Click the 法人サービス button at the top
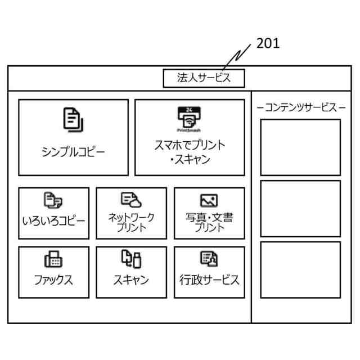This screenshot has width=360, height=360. click(x=204, y=78)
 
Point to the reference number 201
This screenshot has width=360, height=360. click(x=268, y=44)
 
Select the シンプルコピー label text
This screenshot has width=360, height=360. click(x=73, y=152)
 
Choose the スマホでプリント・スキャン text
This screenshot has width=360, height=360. click(x=190, y=152)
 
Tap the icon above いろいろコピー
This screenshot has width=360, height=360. click(x=53, y=200)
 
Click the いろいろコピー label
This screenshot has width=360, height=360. click(x=53, y=220)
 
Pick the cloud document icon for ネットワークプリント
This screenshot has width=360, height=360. click(x=131, y=199)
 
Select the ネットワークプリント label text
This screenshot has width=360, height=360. click(x=131, y=222)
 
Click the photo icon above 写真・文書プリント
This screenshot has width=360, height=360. click(x=209, y=200)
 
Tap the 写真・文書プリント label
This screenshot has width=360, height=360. click(x=209, y=222)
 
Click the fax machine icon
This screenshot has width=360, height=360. click(x=53, y=259)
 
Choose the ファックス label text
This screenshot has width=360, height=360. click(x=53, y=280)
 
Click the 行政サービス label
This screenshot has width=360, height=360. click(x=209, y=280)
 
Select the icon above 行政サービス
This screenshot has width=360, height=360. click(x=209, y=259)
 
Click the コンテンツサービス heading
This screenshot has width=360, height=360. click(x=300, y=107)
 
